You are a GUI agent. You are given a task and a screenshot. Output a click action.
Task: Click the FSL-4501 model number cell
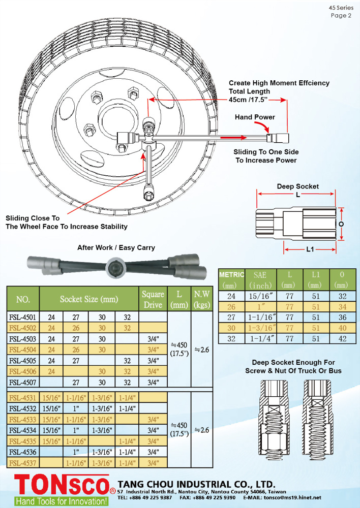[23, 317]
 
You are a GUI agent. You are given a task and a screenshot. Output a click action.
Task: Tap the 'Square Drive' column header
[153, 299]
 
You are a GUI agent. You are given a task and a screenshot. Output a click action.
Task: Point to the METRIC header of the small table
[231, 275]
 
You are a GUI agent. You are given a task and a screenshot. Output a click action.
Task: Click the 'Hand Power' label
[255, 117]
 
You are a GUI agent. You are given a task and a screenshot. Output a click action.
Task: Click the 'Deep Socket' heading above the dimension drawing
[297, 186]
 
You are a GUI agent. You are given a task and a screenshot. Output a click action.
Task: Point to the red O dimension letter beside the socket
[341, 223]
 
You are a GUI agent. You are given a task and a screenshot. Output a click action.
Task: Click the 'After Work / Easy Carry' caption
[116, 248]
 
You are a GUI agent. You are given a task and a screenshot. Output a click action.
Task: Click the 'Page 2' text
[341, 15]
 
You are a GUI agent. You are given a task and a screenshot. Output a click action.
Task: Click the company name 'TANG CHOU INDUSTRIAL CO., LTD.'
[196, 484]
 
